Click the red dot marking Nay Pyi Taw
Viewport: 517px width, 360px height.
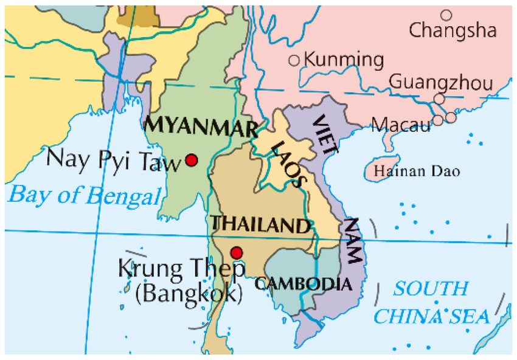(x=192, y=160)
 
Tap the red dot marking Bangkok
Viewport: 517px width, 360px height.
(x=237, y=252)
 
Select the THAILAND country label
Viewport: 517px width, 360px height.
(x=260, y=225)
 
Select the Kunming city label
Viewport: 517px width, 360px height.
(x=344, y=60)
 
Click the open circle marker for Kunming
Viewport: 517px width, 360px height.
(x=294, y=60)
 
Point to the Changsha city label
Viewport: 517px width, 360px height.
(x=453, y=30)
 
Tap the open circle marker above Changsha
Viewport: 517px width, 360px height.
(x=446, y=15)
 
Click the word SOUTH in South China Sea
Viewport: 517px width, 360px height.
(x=431, y=288)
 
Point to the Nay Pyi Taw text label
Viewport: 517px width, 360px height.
(x=114, y=161)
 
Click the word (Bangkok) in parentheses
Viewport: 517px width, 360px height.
(x=189, y=294)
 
